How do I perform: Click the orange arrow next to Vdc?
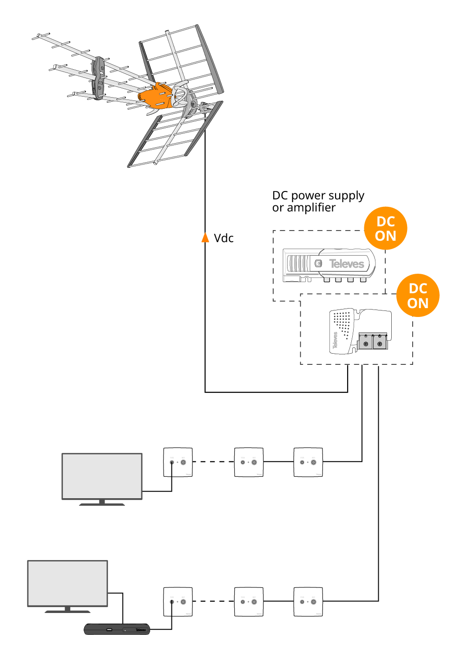coord(205,237)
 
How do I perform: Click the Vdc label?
coord(224,238)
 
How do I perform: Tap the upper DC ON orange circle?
coord(385,229)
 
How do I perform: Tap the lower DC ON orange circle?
coord(418,296)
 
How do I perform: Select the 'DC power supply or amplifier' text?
coord(318,201)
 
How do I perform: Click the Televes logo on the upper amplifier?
coord(347,264)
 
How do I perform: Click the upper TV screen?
coord(102,476)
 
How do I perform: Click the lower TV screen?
coord(68,583)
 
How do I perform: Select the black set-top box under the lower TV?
coord(117,629)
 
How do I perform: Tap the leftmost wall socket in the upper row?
coord(178,462)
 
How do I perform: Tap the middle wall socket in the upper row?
coord(249,462)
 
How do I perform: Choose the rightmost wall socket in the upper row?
coord(308,462)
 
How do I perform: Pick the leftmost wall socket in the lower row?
coord(178,601)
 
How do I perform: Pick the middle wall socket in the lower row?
coord(249,601)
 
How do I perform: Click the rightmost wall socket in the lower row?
coord(308,601)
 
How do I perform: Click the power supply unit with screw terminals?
coord(360,331)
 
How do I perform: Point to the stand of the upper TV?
coord(102,502)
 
